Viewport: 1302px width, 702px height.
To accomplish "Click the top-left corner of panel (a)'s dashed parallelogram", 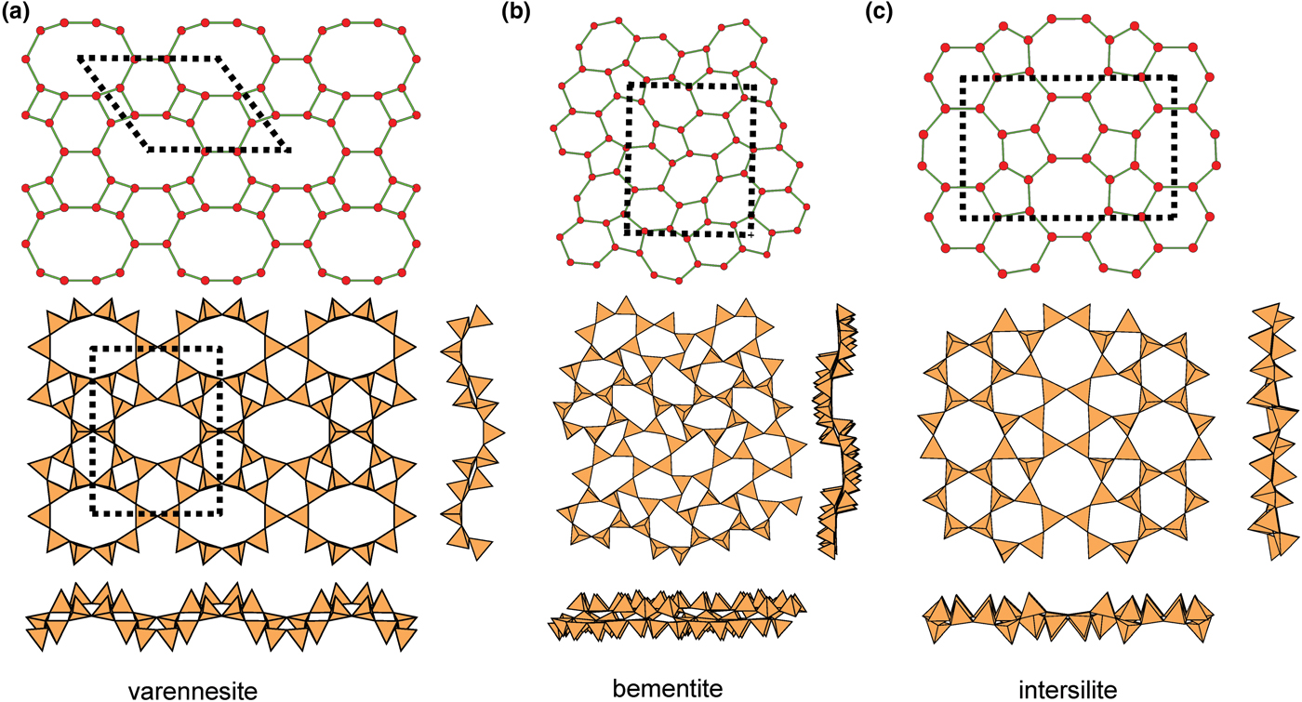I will pyautogui.click(x=80, y=59).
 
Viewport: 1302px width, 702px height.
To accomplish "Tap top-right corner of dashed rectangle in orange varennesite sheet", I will pyautogui.click(x=221, y=349).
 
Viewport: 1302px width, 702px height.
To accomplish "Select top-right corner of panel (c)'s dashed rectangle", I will pyautogui.click(x=1175, y=78).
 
